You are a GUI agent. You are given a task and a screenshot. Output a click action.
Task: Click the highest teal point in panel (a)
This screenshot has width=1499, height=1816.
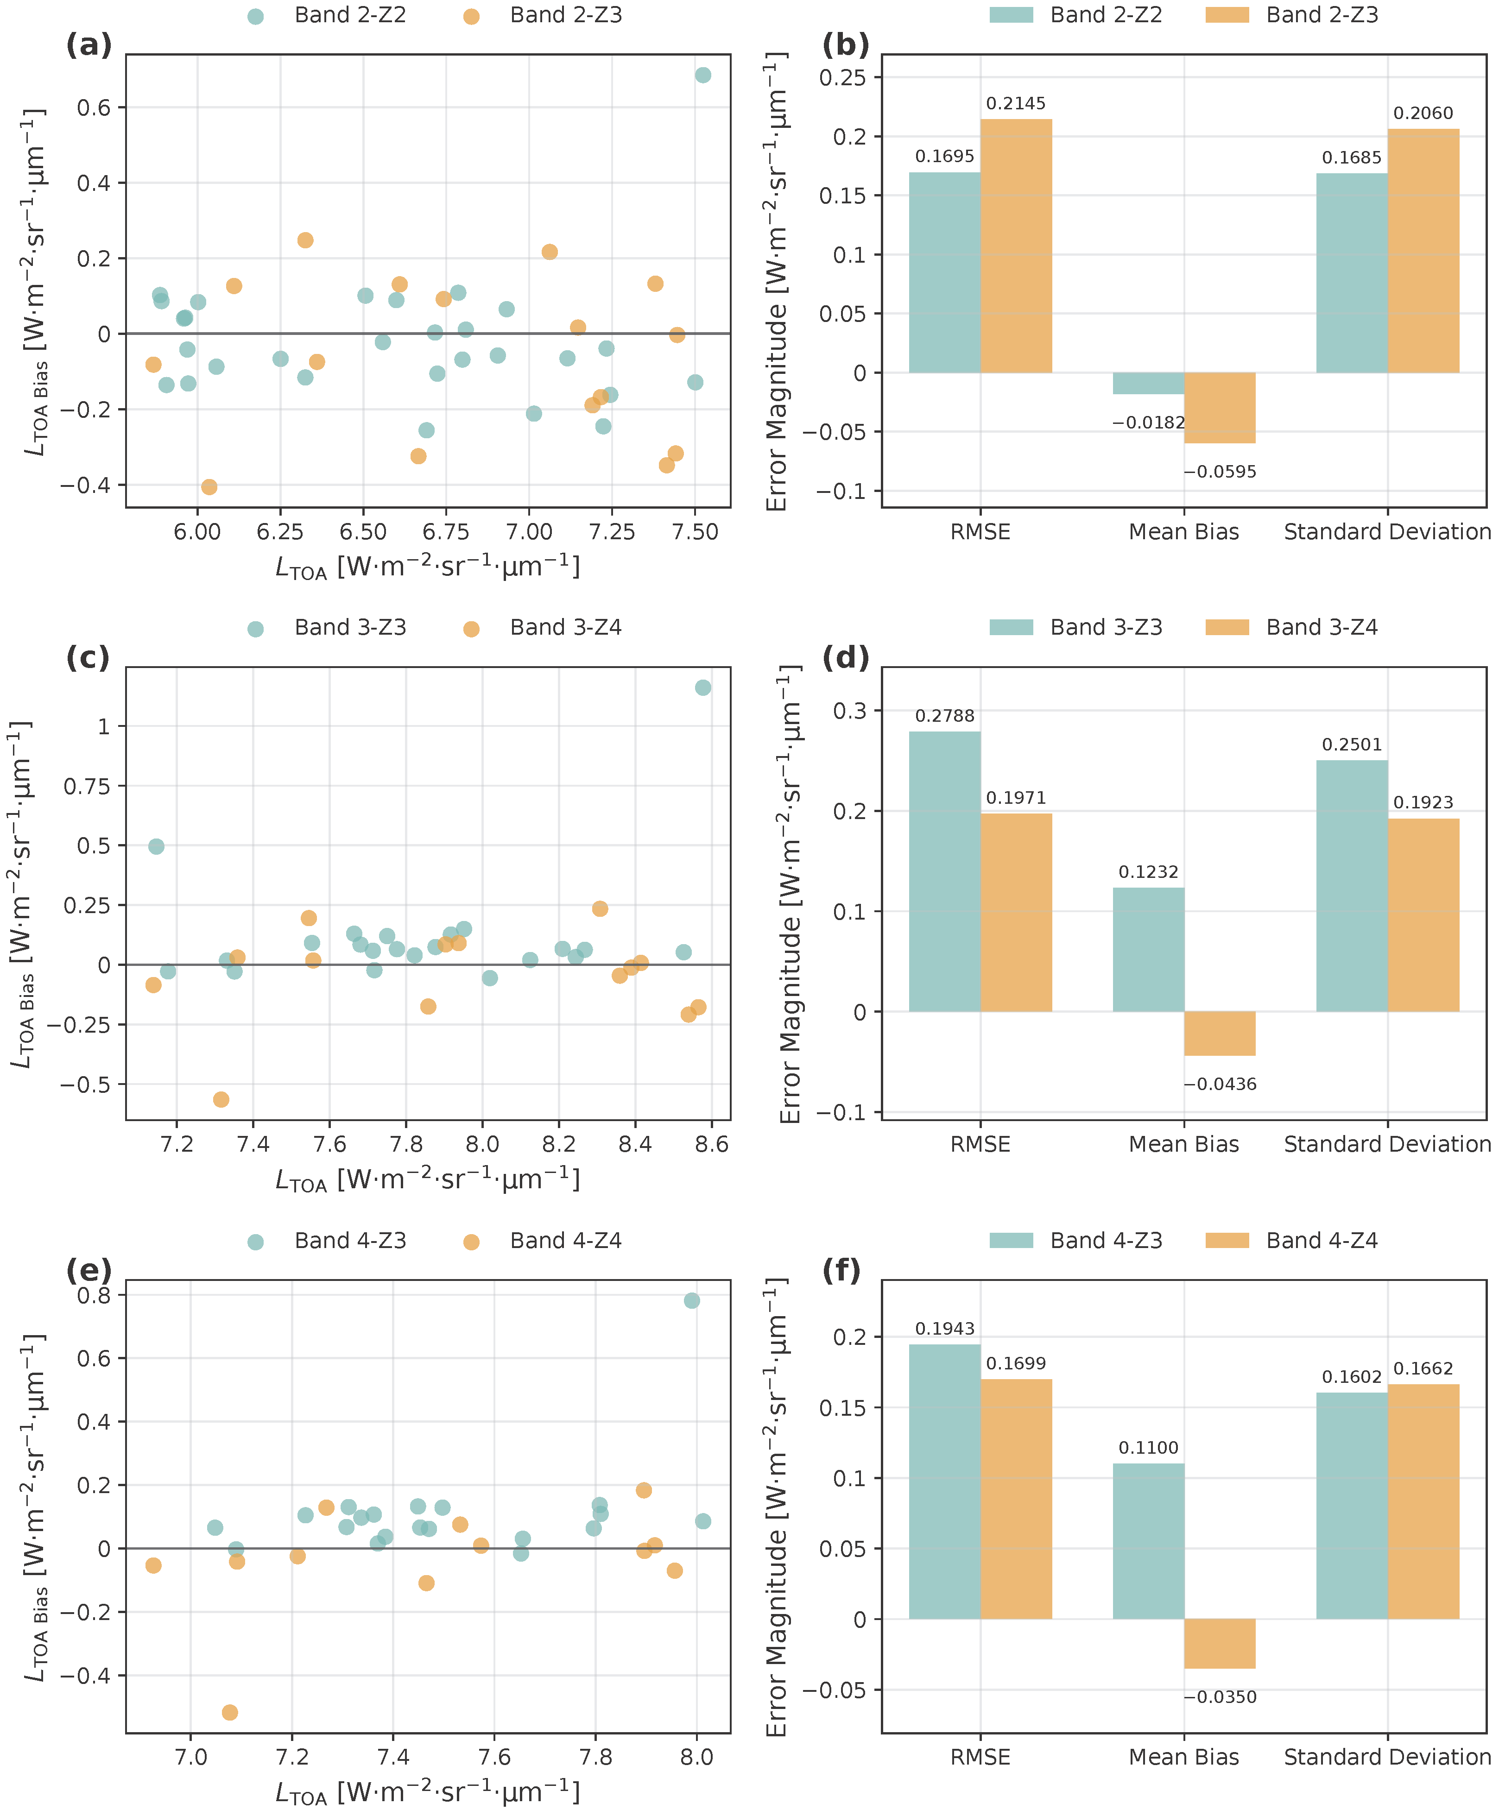[703, 75]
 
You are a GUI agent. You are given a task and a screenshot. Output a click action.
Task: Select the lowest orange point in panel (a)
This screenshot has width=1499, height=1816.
[209, 487]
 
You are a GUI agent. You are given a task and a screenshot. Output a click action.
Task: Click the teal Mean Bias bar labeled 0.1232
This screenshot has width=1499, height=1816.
[1148, 949]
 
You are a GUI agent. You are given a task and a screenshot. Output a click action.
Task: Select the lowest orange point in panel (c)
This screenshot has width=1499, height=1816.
[221, 1099]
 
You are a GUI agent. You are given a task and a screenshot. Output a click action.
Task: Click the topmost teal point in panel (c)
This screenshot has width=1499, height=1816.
[703, 687]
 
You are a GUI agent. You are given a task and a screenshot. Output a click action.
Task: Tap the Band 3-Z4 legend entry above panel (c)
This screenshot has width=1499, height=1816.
[566, 627]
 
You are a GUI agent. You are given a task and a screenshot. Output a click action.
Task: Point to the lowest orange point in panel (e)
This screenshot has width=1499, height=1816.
[230, 1712]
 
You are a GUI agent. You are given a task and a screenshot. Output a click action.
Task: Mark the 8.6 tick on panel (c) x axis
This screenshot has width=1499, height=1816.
[712, 1144]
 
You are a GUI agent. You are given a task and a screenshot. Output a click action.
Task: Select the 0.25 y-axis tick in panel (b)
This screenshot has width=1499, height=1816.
[842, 78]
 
